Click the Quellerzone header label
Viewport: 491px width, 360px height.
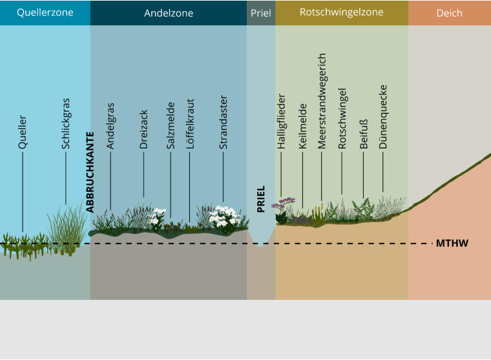(45, 12)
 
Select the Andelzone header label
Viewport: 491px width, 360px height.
(169, 13)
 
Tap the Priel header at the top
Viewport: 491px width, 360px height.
(261, 13)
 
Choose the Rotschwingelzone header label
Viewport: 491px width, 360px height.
(341, 12)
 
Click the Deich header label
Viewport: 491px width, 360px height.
(450, 13)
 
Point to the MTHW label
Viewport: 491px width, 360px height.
(452, 243)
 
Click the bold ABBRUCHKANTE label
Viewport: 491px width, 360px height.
(90, 172)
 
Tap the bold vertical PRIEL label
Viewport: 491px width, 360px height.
(260, 199)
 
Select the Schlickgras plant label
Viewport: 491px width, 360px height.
(65, 123)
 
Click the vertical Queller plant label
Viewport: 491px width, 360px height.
(22, 132)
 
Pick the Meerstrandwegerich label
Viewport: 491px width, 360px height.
(322, 101)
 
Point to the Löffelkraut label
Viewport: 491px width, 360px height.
(190, 123)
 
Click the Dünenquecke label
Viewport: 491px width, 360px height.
(382, 117)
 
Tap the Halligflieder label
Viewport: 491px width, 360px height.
(281, 122)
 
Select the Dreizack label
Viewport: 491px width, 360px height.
(143, 129)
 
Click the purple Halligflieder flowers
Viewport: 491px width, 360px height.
(284, 202)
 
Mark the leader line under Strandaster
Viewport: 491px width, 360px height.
(224, 176)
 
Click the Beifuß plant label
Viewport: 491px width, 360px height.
(363, 134)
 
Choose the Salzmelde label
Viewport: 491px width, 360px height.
(171, 125)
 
